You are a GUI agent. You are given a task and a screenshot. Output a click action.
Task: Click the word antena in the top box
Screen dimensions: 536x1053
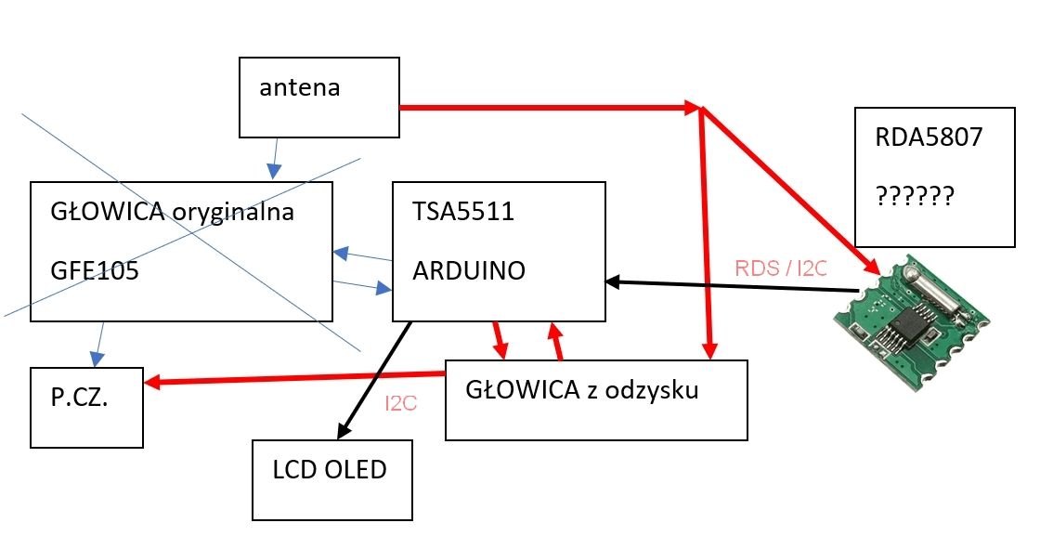299,88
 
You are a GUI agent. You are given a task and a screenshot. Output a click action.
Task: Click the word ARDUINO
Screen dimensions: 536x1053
468,270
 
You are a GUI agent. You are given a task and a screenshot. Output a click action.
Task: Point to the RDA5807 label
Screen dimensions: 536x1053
928,138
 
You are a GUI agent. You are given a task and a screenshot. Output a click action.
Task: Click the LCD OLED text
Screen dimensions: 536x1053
329,470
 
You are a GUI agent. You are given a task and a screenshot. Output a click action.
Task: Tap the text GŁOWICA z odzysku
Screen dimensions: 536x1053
581,389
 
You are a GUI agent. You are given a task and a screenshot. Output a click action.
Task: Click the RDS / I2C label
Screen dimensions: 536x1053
780,268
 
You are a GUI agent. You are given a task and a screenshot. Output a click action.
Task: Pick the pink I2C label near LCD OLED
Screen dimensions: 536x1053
401,404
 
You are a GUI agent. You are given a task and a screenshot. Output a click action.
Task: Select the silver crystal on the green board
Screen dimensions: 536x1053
940,297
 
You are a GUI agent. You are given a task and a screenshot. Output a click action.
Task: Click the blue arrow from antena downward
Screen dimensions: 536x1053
274,159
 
